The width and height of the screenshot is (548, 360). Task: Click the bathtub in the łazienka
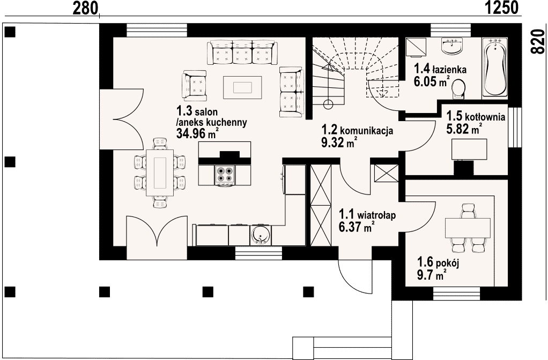[x=494, y=66]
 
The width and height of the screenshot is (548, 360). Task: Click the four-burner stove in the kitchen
[x=224, y=175]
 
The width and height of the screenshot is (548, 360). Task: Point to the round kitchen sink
[x=260, y=235]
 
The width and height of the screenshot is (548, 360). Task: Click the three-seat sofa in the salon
[x=242, y=52]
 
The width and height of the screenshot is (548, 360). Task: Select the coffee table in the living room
[x=242, y=87]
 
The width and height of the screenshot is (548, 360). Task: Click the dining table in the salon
[x=160, y=173]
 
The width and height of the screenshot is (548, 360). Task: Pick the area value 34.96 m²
[x=198, y=133]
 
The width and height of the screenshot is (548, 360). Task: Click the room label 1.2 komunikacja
[x=357, y=130]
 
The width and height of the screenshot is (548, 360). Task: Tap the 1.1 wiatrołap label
[x=367, y=214]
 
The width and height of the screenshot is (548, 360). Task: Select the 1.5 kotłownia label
[x=476, y=116]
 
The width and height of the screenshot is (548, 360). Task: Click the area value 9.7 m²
[x=432, y=274]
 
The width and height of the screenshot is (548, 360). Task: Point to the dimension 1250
[x=501, y=7]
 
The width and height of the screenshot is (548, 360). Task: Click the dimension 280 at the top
[x=85, y=7]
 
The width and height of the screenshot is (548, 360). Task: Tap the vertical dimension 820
[x=538, y=41]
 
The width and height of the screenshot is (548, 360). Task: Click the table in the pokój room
[x=468, y=228]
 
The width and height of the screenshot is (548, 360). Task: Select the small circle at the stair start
[x=328, y=104]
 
